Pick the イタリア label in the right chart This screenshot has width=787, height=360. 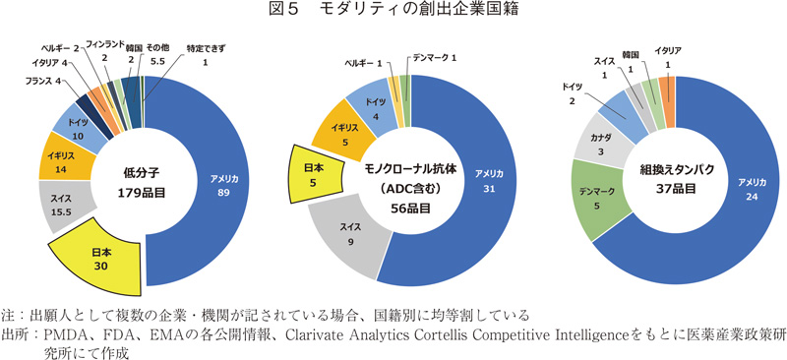[x=669, y=51]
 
